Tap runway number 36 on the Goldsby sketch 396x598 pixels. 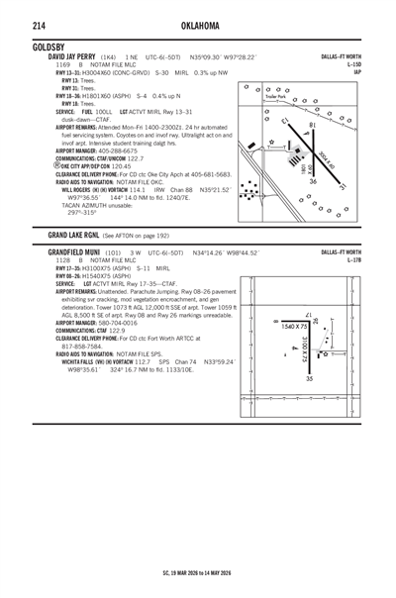312,181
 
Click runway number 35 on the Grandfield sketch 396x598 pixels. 310,377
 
